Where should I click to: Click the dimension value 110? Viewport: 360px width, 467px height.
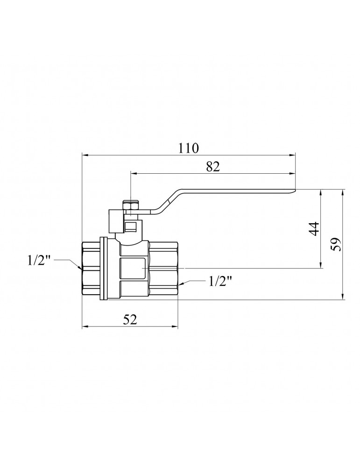point(188,148)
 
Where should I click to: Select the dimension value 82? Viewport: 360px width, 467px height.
point(212,167)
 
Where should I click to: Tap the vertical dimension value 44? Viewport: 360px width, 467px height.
point(314,229)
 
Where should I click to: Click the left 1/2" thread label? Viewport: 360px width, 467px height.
point(39,261)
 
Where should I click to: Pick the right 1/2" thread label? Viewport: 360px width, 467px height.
point(220,281)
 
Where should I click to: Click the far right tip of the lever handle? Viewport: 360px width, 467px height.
point(296,191)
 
